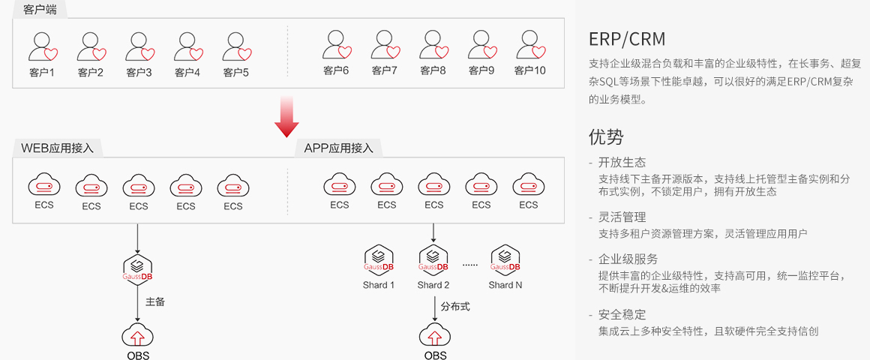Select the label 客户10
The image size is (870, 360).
point(530,70)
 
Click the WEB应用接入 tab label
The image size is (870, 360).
point(58,148)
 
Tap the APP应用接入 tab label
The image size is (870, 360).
point(338,148)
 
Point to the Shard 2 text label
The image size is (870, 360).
point(433,285)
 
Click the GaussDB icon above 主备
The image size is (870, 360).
point(137,268)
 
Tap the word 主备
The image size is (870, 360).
point(155,301)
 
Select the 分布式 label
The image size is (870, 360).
point(455,306)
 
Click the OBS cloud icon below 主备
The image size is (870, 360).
point(137,334)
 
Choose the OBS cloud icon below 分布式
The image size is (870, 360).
point(435,334)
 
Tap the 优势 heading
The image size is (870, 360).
point(606,136)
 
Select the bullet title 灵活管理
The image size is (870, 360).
point(622,217)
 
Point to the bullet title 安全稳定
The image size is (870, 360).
point(622,314)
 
